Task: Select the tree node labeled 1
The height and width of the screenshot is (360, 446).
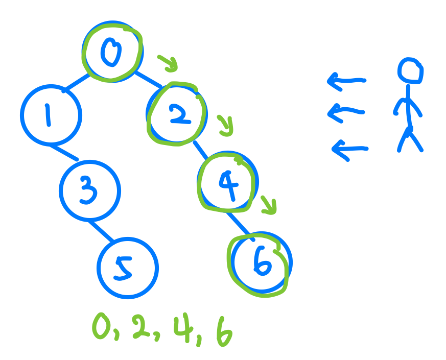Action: click(51, 115)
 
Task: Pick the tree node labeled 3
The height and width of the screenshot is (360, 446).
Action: click(89, 190)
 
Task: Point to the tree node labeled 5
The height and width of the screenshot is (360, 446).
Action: click(127, 267)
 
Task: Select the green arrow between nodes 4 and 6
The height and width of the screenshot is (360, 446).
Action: click(269, 205)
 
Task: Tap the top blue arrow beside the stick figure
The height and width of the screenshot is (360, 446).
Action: click(346, 80)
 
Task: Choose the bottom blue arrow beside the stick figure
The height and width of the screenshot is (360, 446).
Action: click(349, 149)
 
